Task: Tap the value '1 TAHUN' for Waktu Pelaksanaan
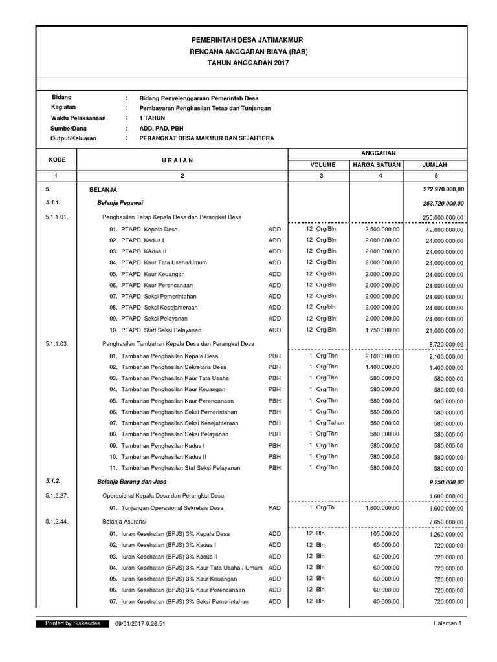pyautogui.click(x=152, y=118)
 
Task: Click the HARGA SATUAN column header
pyautogui.click(x=376, y=165)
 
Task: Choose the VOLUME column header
pyautogui.click(x=321, y=165)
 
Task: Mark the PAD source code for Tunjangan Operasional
pyautogui.click(x=274, y=508)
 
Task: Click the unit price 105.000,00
pyautogui.click(x=386, y=533)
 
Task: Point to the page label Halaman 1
pyautogui.click(x=447, y=623)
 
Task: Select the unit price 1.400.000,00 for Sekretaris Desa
pyautogui.click(x=382, y=367)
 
